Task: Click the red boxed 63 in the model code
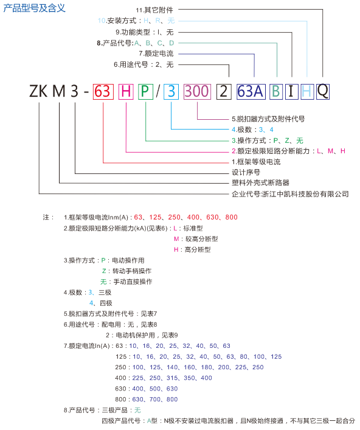coord(103,91)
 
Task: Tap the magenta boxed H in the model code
coord(126,91)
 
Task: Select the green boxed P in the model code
coord(145,91)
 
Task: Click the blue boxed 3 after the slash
coord(171,91)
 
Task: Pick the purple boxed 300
coord(197,91)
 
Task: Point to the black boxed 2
coord(224,91)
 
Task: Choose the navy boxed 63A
coord(251,91)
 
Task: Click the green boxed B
coord(276,91)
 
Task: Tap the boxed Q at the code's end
coord(323,91)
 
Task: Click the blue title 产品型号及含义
coord(34,8)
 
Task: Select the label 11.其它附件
coord(154,10)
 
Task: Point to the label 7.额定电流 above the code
coord(156,54)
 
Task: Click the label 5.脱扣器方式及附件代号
coord(268,119)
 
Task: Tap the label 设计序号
coord(246,172)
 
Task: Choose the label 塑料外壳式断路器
coord(260,182)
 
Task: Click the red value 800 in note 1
coord(232,217)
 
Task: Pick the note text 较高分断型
coord(202,239)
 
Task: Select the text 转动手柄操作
coord(132,271)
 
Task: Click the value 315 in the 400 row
coord(172,378)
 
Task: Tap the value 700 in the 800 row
coord(155,399)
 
